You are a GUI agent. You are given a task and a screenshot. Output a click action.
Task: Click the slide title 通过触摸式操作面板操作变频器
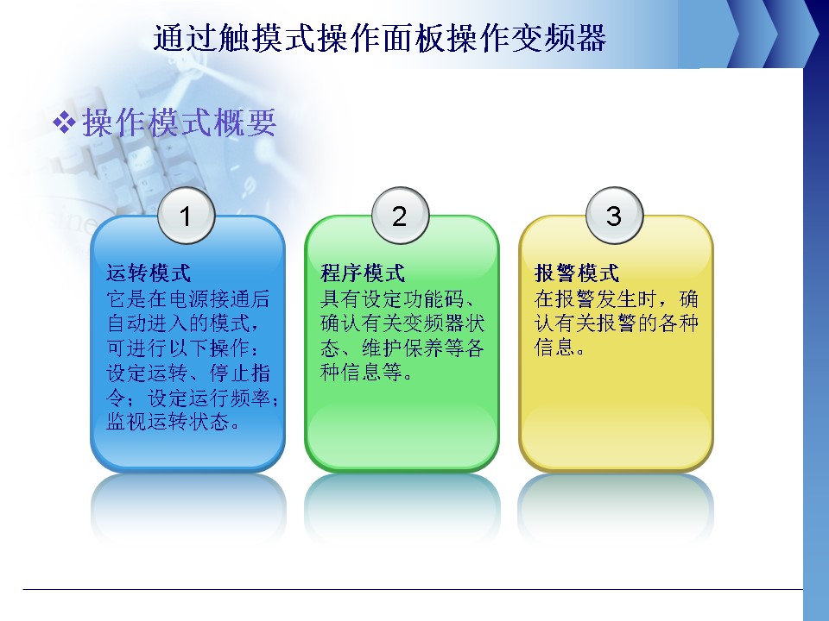(x=380, y=38)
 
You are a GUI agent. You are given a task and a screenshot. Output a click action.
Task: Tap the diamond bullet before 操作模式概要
(x=64, y=123)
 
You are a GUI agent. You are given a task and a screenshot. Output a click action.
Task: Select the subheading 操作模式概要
(x=180, y=122)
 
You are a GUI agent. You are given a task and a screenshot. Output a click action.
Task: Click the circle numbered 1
(x=187, y=216)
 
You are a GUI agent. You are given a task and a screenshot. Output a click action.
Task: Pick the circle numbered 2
(x=400, y=216)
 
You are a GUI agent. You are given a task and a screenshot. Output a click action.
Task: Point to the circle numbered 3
(x=614, y=216)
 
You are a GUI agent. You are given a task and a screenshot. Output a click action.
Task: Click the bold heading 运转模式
(x=149, y=273)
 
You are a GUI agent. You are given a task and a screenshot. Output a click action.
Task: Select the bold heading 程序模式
(x=363, y=273)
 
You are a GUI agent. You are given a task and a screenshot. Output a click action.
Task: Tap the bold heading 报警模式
(x=577, y=273)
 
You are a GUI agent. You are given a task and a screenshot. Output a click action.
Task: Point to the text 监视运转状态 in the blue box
(x=168, y=422)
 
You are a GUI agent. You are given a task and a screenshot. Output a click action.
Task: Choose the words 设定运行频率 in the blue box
(x=209, y=397)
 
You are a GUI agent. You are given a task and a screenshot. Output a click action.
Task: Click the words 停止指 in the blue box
(x=240, y=373)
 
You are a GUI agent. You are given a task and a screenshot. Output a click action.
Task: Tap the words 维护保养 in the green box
(x=402, y=348)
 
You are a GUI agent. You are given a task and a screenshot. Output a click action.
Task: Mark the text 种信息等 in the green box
(x=361, y=373)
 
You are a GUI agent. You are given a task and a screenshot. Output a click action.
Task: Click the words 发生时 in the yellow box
(x=628, y=299)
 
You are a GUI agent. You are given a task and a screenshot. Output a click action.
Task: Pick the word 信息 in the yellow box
(x=554, y=347)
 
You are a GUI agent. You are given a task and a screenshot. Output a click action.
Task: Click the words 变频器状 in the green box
(x=444, y=323)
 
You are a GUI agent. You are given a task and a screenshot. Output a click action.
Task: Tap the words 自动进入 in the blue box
(x=148, y=323)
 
